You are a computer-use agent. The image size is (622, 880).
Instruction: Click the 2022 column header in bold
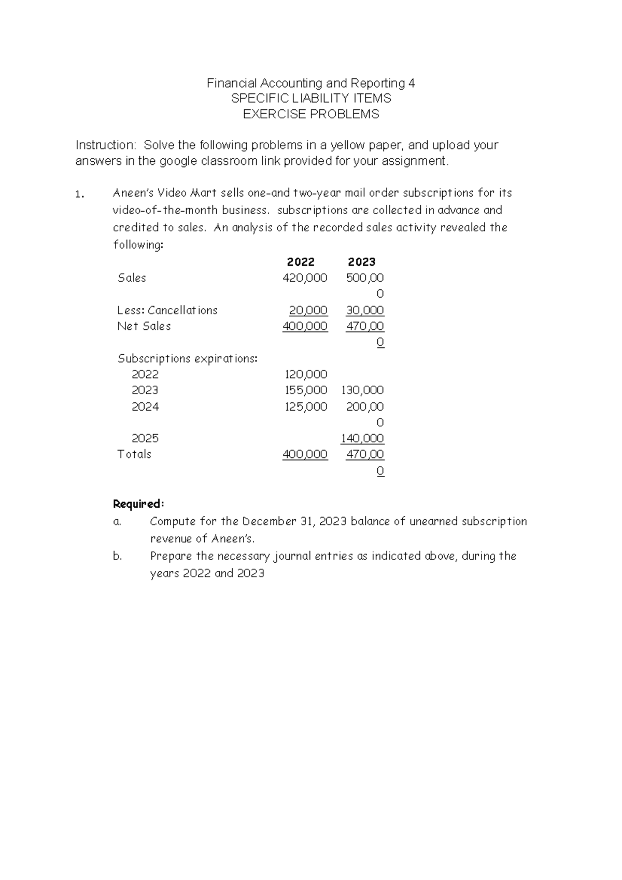click(301, 262)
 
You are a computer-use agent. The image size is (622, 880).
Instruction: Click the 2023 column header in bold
click(361, 262)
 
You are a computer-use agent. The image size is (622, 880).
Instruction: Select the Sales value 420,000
click(305, 278)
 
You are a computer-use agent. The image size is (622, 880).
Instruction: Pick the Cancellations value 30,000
click(365, 310)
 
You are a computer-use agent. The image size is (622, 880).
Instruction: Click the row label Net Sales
click(144, 326)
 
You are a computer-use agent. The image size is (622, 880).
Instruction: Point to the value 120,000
click(306, 374)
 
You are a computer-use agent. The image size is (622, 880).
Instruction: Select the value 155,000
click(306, 390)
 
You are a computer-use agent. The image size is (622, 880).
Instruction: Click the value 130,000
click(362, 390)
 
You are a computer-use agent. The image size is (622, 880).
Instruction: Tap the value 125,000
click(306, 407)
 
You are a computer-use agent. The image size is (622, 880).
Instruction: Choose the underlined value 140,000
click(362, 438)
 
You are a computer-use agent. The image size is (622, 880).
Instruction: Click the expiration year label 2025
click(145, 438)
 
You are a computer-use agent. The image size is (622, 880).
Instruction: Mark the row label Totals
click(134, 454)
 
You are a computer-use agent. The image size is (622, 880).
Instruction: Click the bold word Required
click(138, 504)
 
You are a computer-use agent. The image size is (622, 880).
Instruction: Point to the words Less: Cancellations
click(167, 310)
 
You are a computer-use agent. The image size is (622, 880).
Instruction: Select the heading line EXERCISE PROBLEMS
click(311, 114)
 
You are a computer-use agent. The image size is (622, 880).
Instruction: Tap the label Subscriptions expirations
click(187, 358)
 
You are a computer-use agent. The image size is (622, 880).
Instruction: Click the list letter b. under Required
click(118, 556)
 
